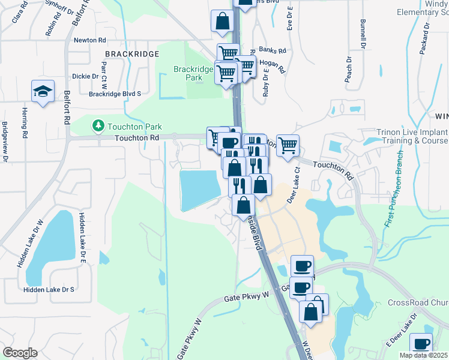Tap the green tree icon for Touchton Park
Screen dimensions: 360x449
coord(97,126)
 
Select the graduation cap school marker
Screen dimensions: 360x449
coord(43,92)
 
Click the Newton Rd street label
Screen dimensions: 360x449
coord(89,40)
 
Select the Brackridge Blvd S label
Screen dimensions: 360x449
coord(115,94)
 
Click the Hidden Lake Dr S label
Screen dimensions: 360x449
coord(49,289)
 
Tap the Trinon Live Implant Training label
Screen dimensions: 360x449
coord(412,136)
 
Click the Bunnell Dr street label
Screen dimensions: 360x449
coord(363,34)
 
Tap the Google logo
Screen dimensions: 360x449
coord(20,353)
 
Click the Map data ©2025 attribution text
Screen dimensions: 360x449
coord(423,355)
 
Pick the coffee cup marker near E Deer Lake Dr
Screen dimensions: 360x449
coord(421,344)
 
